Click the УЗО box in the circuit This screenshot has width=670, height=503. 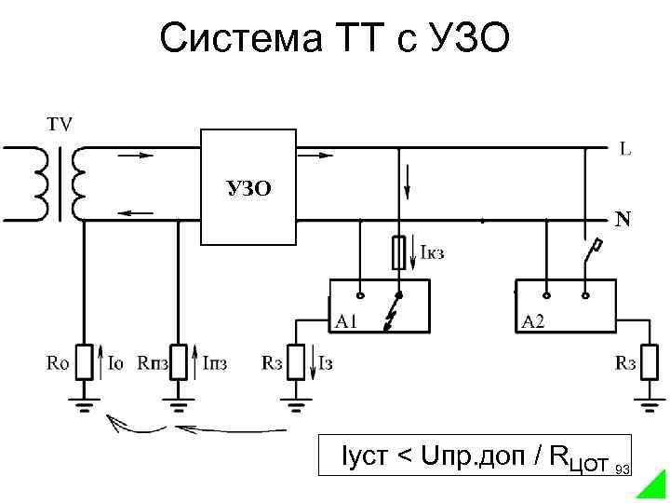[x=248, y=186]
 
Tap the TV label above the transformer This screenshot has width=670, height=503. [x=61, y=123]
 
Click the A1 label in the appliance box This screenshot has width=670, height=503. [x=347, y=322]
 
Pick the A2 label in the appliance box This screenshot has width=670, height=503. [x=533, y=322]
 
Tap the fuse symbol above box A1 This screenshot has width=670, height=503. [x=397, y=251]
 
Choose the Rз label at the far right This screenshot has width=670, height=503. [x=625, y=362]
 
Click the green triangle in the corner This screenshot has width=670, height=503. [x=653, y=486]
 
